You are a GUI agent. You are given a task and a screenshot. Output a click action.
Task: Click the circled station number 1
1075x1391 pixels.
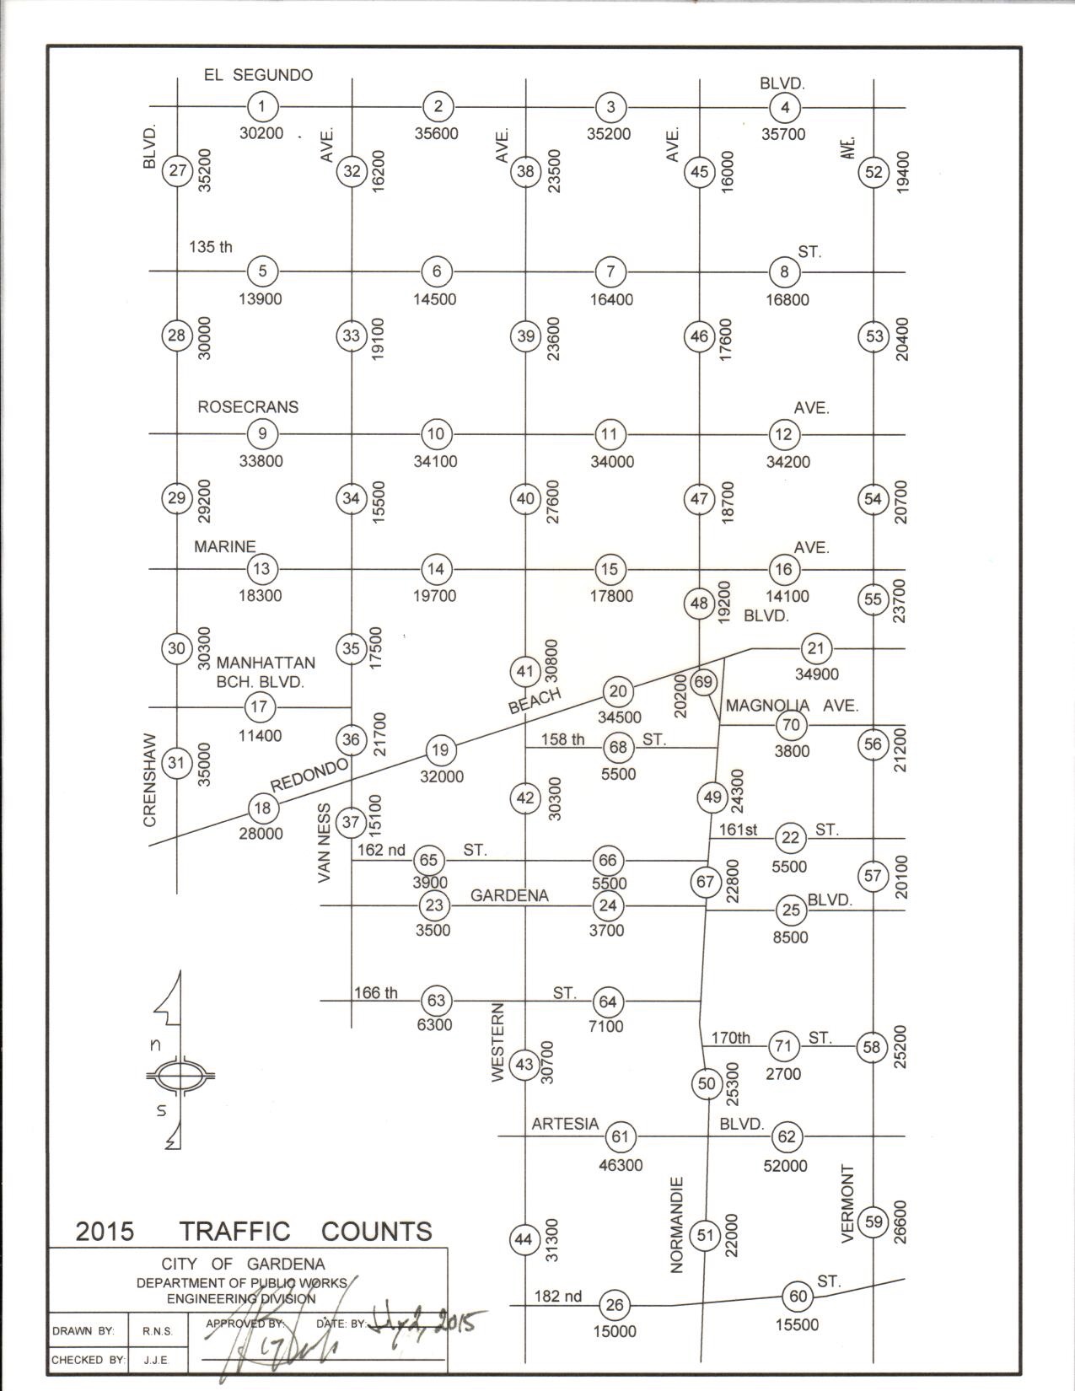click(x=263, y=106)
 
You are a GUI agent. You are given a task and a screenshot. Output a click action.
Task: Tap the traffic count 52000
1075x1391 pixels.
click(x=786, y=1166)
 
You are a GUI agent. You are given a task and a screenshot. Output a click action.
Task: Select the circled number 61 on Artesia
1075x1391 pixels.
click(x=621, y=1136)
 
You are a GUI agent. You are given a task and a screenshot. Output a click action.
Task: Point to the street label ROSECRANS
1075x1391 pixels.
click(x=248, y=407)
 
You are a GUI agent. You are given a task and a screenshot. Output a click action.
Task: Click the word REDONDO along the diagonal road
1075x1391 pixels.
click(x=309, y=775)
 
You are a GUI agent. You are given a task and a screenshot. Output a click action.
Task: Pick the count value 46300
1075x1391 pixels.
click(x=620, y=1166)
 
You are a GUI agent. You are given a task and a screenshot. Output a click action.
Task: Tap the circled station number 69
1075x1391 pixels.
click(x=703, y=681)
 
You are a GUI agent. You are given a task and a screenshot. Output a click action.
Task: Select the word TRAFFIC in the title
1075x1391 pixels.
click(x=235, y=1232)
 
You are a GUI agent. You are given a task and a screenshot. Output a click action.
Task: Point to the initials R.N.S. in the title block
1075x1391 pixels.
click(x=157, y=1331)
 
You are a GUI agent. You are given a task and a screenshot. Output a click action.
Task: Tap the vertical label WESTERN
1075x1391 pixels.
click(x=497, y=1042)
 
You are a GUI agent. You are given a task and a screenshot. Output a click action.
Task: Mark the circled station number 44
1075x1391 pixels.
click(x=524, y=1239)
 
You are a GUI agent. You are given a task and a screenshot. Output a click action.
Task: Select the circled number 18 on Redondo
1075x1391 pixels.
click(x=262, y=808)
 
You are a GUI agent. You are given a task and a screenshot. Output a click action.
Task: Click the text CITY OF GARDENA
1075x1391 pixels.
click(x=243, y=1265)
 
